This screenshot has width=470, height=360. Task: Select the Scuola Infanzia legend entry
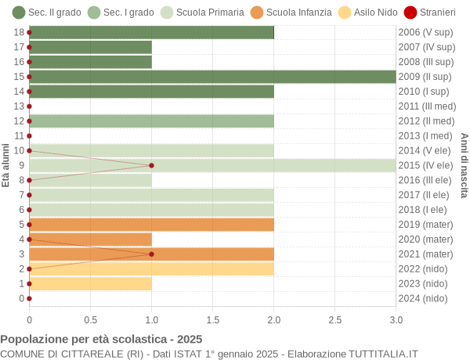coord(291,13)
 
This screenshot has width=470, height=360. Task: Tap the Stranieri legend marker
coord(410,13)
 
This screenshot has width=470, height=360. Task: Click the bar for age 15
coord(212,77)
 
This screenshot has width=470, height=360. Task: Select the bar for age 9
coord(212,165)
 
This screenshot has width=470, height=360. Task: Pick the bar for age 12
coord(151,121)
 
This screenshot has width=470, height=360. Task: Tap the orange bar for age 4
coord(90,239)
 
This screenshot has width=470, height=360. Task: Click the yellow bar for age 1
coord(90,283)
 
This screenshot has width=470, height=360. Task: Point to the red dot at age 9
coord(151,165)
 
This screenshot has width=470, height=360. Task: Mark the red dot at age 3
coord(151,254)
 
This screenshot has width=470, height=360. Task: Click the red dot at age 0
coord(29,298)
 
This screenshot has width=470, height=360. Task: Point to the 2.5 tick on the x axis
coord(334,319)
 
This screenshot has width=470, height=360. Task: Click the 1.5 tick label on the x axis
coord(212,319)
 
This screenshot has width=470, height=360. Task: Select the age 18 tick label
coord(19,32)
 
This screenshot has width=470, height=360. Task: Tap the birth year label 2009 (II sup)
coord(425,77)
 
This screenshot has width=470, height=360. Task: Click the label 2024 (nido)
coord(423,298)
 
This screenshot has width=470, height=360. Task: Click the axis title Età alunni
coord(5,165)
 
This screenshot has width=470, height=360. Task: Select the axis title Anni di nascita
coord(464,165)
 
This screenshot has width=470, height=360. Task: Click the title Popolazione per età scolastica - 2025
coord(101,340)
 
